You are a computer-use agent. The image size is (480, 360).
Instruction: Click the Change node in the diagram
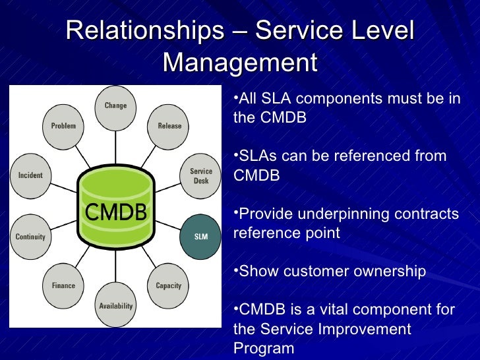pos(115,107)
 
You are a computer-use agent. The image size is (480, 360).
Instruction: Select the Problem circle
pos(63,127)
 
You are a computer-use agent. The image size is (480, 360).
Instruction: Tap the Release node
pos(169,127)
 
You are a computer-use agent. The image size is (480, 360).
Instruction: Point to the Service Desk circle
pos(200,176)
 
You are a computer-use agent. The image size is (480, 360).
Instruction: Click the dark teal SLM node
pos(200,236)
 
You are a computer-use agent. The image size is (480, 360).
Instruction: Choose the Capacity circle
pos(169,285)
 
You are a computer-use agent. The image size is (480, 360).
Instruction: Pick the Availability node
pos(115,306)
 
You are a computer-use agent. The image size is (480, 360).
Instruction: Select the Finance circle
pos(63,285)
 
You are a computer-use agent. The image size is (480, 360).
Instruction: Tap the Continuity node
pos(30,236)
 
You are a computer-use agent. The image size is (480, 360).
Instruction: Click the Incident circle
pos(30,176)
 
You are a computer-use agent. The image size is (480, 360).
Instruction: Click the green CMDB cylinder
pos(116,212)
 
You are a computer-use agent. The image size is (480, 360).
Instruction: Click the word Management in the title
pos(239,63)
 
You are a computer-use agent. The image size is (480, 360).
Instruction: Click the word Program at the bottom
pos(264,348)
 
